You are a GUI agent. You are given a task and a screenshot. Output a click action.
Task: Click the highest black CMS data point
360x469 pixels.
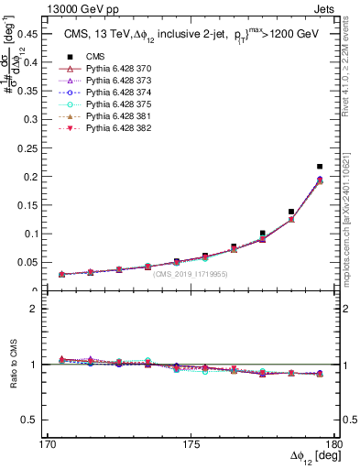[x=320, y=166]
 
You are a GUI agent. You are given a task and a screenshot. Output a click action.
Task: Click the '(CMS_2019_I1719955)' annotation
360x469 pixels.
[x=191, y=274]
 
